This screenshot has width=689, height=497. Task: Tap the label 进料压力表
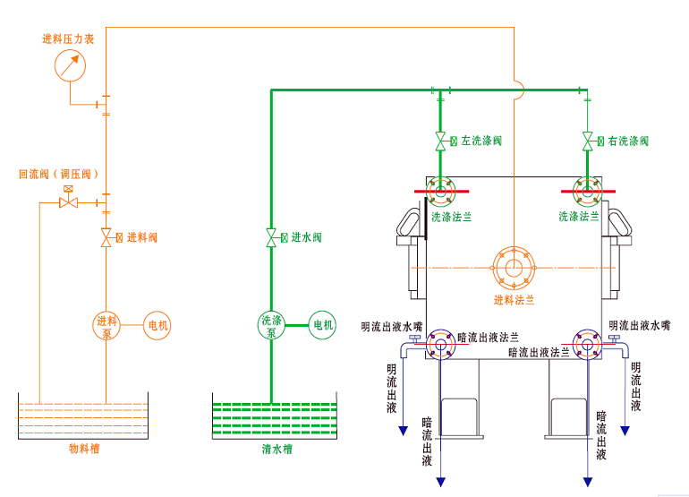tap(69, 39)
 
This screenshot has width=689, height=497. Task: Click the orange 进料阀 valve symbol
tap(106, 237)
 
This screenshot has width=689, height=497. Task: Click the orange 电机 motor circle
tap(157, 326)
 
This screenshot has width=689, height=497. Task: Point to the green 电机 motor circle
tap(321, 325)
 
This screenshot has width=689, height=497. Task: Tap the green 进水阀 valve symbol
tap(271, 237)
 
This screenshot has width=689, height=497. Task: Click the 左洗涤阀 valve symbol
tap(440, 141)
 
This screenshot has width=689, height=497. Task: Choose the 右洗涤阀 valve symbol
tap(587, 141)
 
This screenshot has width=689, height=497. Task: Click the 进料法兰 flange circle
tap(514, 268)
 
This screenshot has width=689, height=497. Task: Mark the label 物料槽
tap(84, 448)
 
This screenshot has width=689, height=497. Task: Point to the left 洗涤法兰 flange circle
tap(440, 192)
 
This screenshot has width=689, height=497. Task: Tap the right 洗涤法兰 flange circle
tap(587, 192)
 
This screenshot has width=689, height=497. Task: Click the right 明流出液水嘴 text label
tap(640, 326)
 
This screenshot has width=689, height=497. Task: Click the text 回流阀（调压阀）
tap(58, 174)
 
